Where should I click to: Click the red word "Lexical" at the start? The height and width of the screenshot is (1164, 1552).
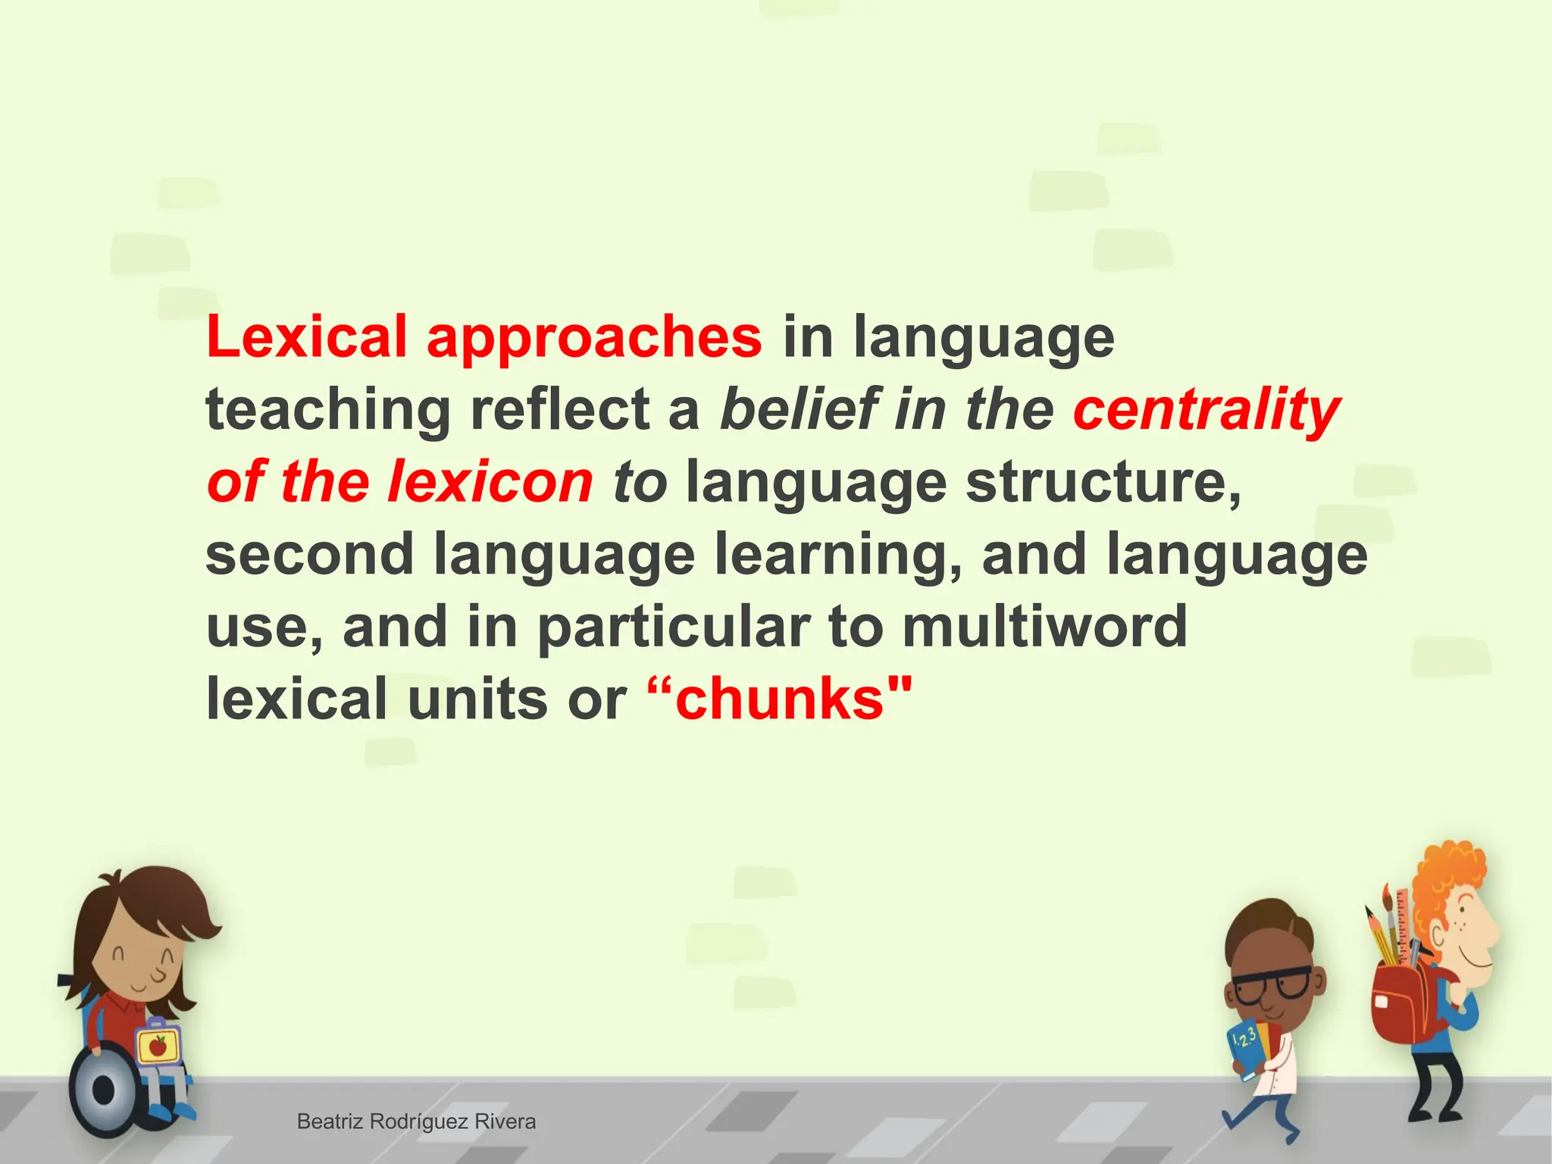tap(307, 336)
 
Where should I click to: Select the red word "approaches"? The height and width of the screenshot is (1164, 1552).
tap(593, 338)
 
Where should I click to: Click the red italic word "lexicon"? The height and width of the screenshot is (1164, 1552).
tap(490, 482)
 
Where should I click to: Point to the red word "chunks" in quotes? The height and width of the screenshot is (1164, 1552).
tap(780, 699)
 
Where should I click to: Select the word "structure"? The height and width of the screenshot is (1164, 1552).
tap(1103, 482)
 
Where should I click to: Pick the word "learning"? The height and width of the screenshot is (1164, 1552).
tap(838, 555)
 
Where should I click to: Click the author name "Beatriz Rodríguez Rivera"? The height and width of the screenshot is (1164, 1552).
tap(416, 1122)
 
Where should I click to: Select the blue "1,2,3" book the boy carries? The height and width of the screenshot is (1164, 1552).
tap(1247, 1047)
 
